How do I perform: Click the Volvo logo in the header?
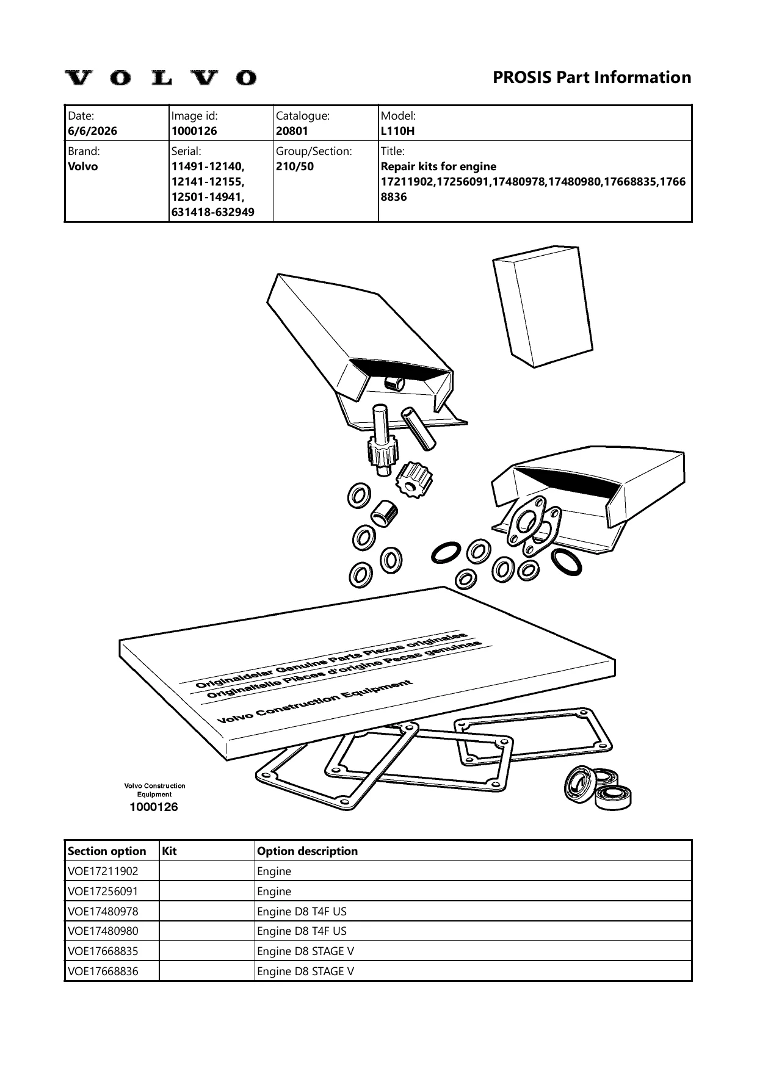click(x=161, y=78)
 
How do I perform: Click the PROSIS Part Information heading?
click(x=592, y=78)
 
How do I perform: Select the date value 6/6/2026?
click(x=93, y=131)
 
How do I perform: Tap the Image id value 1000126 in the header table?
click(x=194, y=131)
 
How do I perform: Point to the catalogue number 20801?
click(x=292, y=131)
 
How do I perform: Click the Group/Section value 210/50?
click(x=295, y=167)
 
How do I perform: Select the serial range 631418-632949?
click(x=213, y=212)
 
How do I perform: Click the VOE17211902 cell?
click(x=103, y=871)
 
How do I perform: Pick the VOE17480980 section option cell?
click(x=103, y=931)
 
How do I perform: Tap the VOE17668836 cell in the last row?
click(x=103, y=972)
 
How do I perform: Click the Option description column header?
click(x=308, y=851)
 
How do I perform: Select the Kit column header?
click(x=169, y=851)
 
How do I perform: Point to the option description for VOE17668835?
click(x=305, y=951)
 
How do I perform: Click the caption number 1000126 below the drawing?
click(x=154, y=807)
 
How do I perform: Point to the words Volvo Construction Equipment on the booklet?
click(x=316, y=702)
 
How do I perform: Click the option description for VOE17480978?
click(x=302, y=912)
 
